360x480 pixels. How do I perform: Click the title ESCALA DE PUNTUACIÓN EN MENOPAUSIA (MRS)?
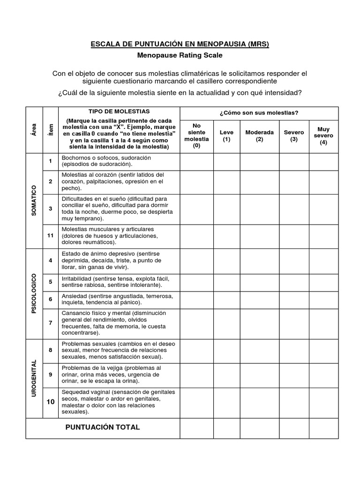pyautogui.click(x=180, y=45)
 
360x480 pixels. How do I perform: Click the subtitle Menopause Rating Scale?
pyautogui.click(x=180, y=55)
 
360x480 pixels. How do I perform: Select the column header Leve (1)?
pyautogui.click(x=227, y=136)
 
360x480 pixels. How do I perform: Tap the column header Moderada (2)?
pyautogui.click(x=260, y=136)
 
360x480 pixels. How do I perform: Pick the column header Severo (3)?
pyautogui.click(x=294, y=136)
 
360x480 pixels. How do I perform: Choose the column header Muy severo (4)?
pyautogui.click(x=323, y=136)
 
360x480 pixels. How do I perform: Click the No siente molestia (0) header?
pyautogui.click(x=197, y=136)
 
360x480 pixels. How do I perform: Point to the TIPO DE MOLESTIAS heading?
pyautogui.click(x=119, y=112)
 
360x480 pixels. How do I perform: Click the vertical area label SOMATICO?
pyautogui.click(x=34, y=200)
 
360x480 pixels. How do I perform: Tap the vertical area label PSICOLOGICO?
pyautogui.click(x=34, y=293)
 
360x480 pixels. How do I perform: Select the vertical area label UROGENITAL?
pyautogui.click(x=34, y=378)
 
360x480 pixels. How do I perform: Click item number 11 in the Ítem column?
pyautogui.click(x=50, y=235)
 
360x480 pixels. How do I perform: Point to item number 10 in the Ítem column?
pyautogui.click(x=50, y=402)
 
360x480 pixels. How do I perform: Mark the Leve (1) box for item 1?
pyautogui.click(x=227, y=162)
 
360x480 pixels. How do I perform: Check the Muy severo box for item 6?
pyautogui.click(x=323, y=300)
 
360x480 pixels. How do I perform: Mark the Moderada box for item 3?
pyautogui.click(x=260, y=209)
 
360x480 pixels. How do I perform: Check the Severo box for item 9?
pyautogui.click(x=294, y=375)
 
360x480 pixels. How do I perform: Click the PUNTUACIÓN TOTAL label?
pyautogui.click(x=103, y=427)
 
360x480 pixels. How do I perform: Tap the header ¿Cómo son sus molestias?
pyautogui.click(x=259, y=113)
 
